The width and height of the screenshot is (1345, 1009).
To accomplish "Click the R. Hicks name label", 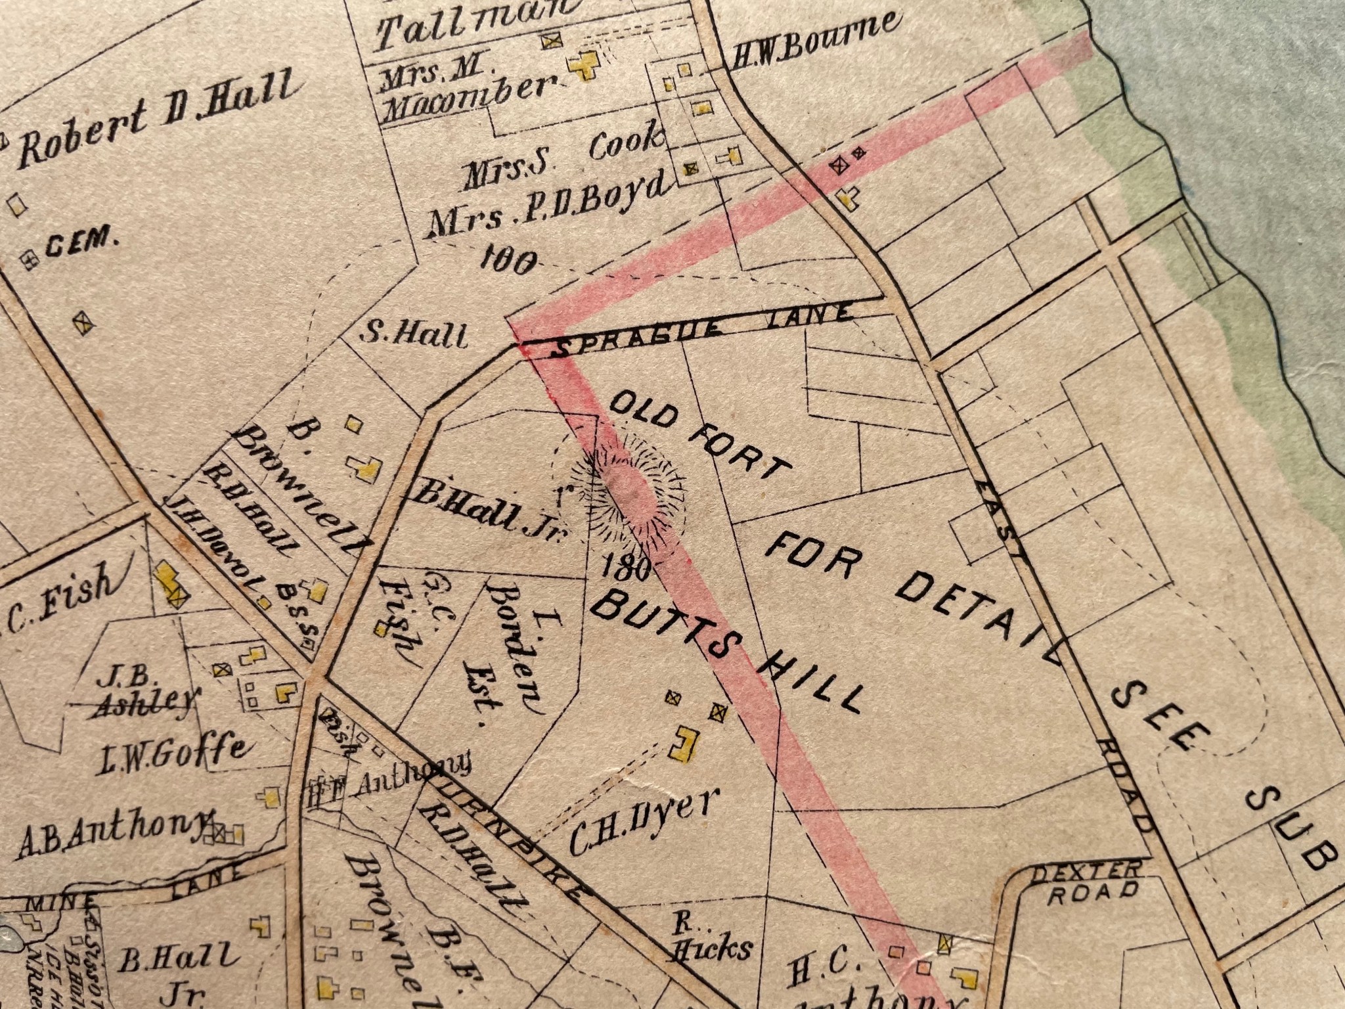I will coord(713,936).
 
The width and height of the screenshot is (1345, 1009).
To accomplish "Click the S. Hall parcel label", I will coord(415,336).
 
